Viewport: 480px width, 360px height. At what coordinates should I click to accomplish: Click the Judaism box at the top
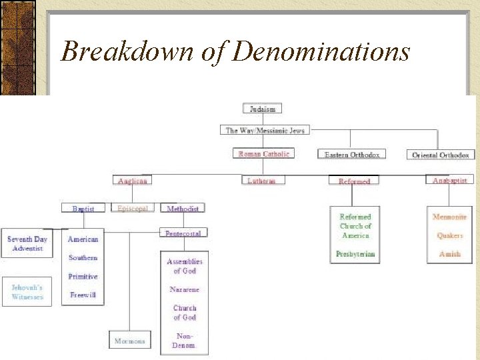pyautogui.click(x=263, y=108)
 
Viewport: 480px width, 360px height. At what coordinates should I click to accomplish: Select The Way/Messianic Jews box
pyautogui.click(x=265, y=130)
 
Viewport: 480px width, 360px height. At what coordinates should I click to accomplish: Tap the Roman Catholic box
pyautogui.click(x=264, y=154)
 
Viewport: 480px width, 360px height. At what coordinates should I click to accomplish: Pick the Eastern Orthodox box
pyautogui.click(x=352, y=155)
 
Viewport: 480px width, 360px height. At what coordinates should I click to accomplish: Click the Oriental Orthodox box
pyautogui.click(x=440, y=155)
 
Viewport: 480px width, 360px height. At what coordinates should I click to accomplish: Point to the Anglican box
pyautogui.click(x=133, y=181)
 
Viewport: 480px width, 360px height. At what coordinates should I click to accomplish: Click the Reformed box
pyautogui.click(x=354, y=181)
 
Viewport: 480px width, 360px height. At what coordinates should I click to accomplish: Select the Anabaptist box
pyautogui.click(x=449, y=181)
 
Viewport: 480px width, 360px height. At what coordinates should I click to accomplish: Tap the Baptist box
pyautogui.click(x=83, y=209)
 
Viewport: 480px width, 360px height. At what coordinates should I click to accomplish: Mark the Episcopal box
pyautogui.click(x=133, y=208)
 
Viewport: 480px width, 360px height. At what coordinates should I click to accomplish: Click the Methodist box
pyautogui.click(x=183, y=209)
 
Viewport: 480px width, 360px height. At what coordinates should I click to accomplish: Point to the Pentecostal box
pyautogui.click(x=183, y=233)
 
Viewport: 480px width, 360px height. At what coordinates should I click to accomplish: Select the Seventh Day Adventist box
pyautogui.click(x=27, y=243)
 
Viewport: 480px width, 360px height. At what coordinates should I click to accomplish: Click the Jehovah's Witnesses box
pyautogui.click(x=27, y=292)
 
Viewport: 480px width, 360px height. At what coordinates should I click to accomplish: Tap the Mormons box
pyautogui.click(x=129, y=341)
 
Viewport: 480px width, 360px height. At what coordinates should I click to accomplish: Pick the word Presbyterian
pyautogui.click(x=355, y=254)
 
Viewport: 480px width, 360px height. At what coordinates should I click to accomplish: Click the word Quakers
pyautogui.click(x=449, y=235)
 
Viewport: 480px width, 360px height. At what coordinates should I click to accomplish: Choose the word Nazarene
pyautogui.click(x=185, y=289)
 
